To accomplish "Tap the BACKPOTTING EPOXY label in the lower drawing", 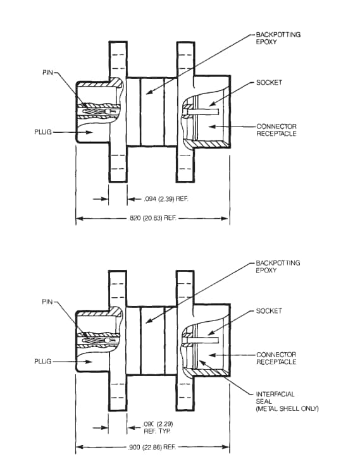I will (278, 266).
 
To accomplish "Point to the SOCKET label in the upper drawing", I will (269, 83).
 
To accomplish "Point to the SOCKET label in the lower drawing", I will (269, 312).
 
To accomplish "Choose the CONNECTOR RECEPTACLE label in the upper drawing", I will (276, 130).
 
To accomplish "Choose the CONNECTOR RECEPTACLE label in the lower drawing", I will (276, 358).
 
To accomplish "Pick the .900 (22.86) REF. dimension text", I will (152, 447).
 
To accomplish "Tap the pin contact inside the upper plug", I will (95, 113).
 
